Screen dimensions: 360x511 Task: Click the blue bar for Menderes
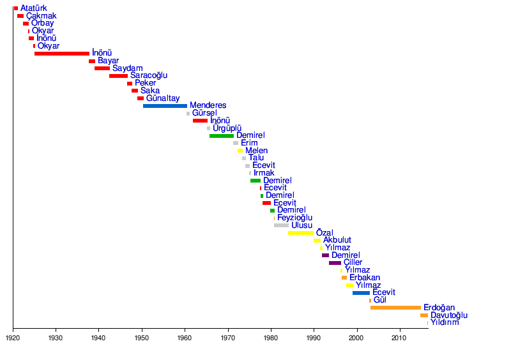coord(165,106)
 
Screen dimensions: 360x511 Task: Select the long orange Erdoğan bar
coord(395,308)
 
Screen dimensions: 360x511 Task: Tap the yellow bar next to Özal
coord(300,233)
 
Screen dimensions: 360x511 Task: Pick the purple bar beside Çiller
coord(335,263)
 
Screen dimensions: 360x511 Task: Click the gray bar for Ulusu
coord(281,225)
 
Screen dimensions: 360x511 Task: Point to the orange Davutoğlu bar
coord(424,315)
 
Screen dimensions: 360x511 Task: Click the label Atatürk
coord(34,8)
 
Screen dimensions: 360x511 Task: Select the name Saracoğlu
coord(149,75)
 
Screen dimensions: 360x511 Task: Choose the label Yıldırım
coord(445,322)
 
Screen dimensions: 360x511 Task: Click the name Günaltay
coord(163,98)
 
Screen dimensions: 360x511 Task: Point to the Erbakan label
coord(365,278)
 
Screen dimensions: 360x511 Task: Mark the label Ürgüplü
coord(227,128)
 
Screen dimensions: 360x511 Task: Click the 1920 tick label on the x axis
coord(13,338)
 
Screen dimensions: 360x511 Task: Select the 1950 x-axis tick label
coord(142,338)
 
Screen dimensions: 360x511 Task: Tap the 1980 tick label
coord(271,338)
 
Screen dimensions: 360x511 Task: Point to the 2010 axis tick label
coord(400,338)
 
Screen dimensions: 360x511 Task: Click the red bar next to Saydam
coord(102,68)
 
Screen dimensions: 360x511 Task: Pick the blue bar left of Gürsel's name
coord(188,114)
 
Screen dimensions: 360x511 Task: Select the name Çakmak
coord(42,16)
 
